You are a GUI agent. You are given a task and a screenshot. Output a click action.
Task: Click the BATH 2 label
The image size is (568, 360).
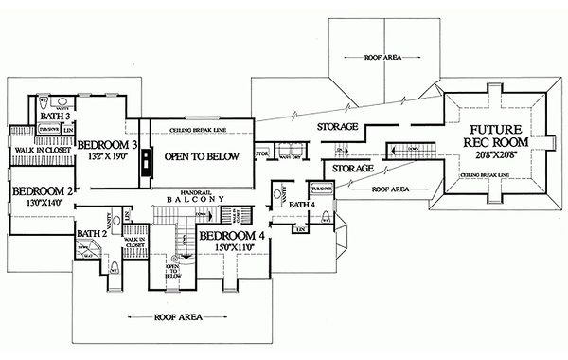pyautogui.click(x=91, y=234)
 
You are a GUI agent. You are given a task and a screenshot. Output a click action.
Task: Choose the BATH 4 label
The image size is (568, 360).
pyautogui.click(x=302, y=204)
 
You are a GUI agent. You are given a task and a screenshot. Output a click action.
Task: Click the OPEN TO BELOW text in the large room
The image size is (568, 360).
pyautogui.click(x=197, y=156)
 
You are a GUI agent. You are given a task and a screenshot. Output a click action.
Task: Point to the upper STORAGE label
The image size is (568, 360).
pyautogui.click(x=336, y=127)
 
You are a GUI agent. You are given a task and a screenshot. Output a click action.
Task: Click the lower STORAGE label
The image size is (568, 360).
pyautogui.click(x=352, y=168)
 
